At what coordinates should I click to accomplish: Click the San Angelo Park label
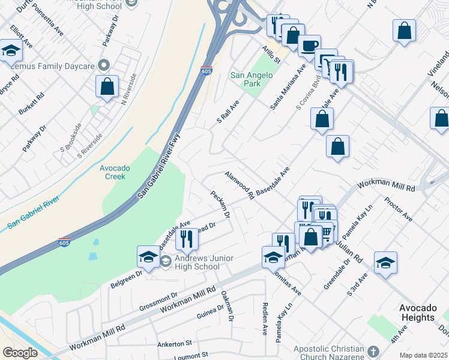pyautogui.click(x=252, y=79)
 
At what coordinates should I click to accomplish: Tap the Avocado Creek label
pyautogui.click(x=112, y=172)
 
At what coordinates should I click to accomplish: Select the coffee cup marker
pyautogui.click(x=309, y=46)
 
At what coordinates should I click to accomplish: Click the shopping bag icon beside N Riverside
pyautogui.click(x=107, y=86)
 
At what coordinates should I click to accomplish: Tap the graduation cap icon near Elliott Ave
pyautogui.click(x=11, y=51)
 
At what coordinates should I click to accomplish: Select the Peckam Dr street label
pyautogui.click(x=220, y=204)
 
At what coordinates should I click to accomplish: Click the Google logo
pyautogui.click(x=20, y=353)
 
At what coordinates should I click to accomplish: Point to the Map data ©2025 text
pyautogui.click(x=423, y=355)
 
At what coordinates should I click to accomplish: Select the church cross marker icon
pyautogui.click(x=373, y=351)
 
